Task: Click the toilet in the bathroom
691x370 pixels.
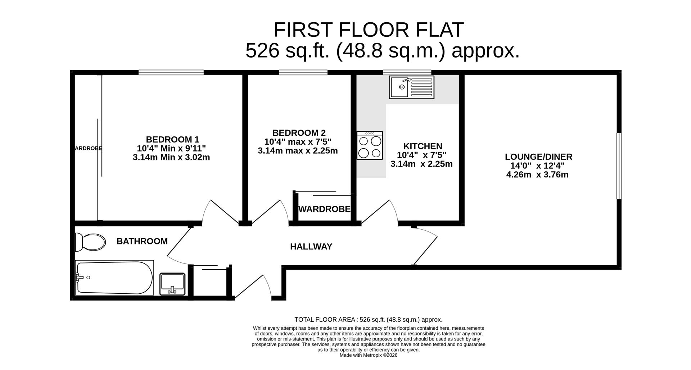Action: [90, 242]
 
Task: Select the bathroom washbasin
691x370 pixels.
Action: [172, 284]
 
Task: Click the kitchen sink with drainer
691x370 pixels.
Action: [411, 87]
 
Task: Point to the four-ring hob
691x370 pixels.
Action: [370, 145]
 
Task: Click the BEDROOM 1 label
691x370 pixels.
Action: [172, 139]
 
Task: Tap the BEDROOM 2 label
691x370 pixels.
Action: [299, 133]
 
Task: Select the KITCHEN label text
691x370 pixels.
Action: [423, 146]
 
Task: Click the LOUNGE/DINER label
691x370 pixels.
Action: [538, 157]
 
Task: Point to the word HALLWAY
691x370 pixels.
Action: [311, 247]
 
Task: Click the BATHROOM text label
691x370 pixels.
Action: [142, 241]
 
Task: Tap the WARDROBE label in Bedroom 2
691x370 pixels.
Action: [325, 209]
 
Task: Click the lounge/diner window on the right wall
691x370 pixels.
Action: [619, 166]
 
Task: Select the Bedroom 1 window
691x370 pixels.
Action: [171, 72]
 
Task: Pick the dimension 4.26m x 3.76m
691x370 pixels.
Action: [537, 175]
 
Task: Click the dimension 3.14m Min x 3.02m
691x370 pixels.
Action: [171, 157]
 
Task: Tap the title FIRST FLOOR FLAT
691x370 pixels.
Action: [369, 30]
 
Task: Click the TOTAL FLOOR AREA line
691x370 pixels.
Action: [368, 319]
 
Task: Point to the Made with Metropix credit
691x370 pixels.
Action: [368, 355]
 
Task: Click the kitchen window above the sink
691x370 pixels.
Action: [407, 72]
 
